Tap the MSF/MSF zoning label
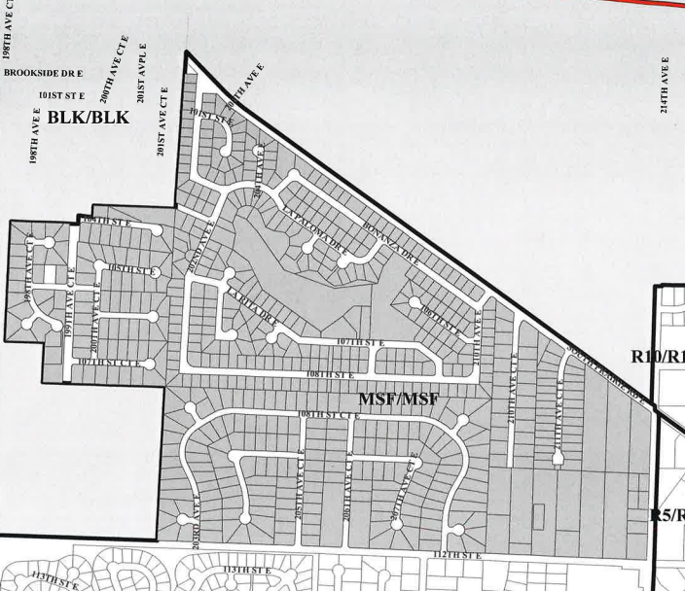pos(398,399)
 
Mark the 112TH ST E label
pos(457,555)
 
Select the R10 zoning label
pos(655,356)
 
